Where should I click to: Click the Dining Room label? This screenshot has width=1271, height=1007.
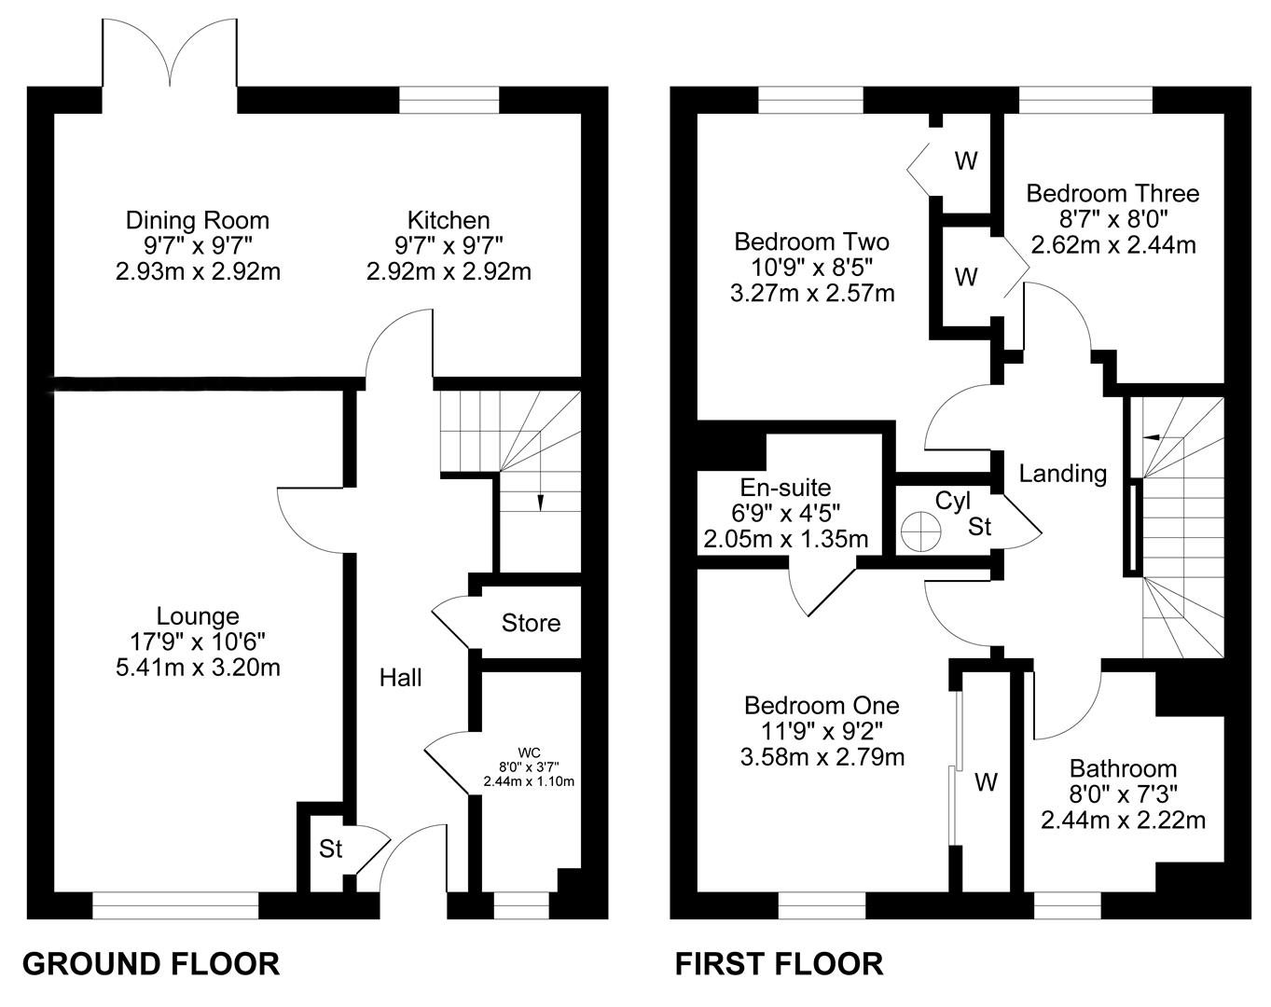click(x=198, y=220)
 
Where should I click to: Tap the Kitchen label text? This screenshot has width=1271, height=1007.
click(x=449, y=220)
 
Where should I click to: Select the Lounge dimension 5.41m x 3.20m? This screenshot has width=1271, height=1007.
click(x=198, y=668)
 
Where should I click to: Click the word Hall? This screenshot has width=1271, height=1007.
click(x=400, y=678)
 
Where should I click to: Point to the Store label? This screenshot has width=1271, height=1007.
click(x=531, y=623)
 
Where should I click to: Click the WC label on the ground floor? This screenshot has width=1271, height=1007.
click(x=529, y=752)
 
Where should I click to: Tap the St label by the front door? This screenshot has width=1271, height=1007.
click(x=330, y=848)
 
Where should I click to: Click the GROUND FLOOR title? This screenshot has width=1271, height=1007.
click(x=151, y=964)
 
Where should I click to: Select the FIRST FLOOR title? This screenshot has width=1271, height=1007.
click(x=779, y=964)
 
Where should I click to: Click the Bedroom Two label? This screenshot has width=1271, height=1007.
click(x=811, y=241)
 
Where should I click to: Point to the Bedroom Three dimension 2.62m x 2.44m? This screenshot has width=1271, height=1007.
click(x=1113, y=244)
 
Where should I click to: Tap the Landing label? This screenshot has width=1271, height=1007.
click(x=1062, y=474)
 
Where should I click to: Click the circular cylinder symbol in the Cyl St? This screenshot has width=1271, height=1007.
click(x=920, y=531)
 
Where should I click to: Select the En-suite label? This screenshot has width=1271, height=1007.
click(x=785, y=488)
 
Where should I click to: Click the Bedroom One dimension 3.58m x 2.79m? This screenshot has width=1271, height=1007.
click(x=822, y=756)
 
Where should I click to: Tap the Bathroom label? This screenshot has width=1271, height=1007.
click(x=1124, y=768)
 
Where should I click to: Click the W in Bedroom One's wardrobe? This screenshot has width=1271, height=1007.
click(x=986, y=782)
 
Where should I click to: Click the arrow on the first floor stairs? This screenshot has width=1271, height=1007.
click(x=1151, y=437)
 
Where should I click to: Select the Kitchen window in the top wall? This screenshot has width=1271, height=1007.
click(x=449, y=100)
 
